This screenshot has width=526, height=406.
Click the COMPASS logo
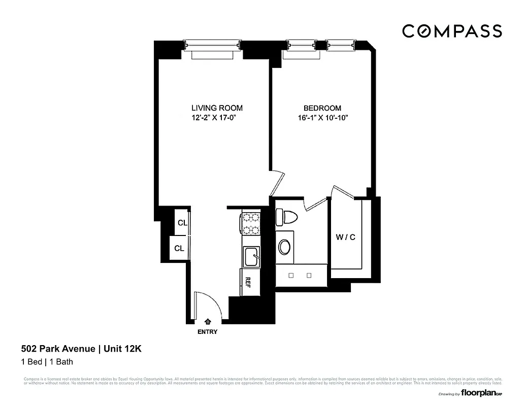click(452, 31)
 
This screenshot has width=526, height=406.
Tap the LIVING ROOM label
click(217, 108)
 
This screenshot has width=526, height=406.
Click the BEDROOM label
click(322, 108)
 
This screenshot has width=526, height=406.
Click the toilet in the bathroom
click(286, 218)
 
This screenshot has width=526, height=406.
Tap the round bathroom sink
click(284, 248)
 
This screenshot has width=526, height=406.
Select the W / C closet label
click(345, 237)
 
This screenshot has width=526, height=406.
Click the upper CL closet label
click(182, 223)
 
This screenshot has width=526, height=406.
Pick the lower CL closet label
click(179, 248)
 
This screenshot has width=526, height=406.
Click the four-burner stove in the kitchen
click(250, 224)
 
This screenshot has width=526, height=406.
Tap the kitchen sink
click(251, 256)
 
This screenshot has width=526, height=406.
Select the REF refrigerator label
click(248, 282)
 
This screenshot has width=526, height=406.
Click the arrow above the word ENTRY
click(208, 321)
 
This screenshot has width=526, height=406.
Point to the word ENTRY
click(207, 332)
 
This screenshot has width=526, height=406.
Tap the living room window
click(212, 46)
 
